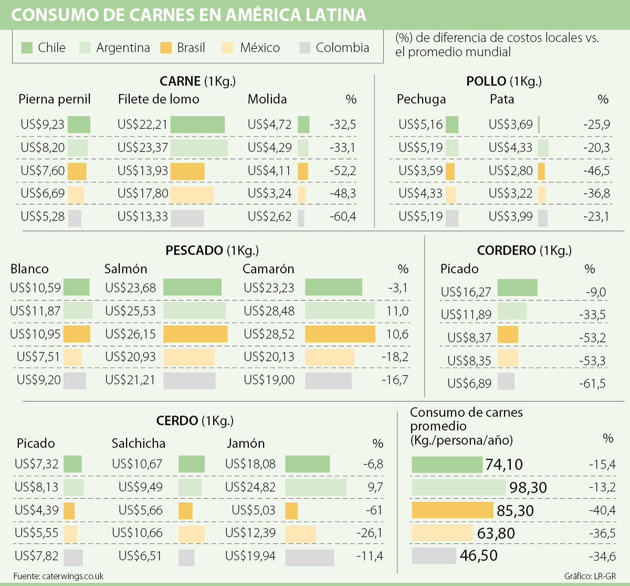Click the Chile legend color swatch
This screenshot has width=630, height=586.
[x=27, y=48]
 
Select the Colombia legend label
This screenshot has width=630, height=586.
[x=342, y=48]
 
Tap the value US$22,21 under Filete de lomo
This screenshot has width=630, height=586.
[x=143, y=124]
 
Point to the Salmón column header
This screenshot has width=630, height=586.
[x=125, y=269]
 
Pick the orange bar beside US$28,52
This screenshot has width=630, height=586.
[x=340, y=334]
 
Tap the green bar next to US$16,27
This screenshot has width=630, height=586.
[x=517, y=288]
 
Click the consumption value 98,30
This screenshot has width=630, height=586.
[x=528, y=488]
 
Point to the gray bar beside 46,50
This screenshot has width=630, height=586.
[x=434, y=556]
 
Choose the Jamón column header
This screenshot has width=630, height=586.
[x=246, y=443]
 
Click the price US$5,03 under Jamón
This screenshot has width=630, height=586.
[x=254, y=510]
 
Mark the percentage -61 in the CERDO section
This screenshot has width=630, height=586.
[x=374, y=510]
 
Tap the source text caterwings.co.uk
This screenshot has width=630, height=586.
[x=73, y=576]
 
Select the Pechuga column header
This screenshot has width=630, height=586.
[x=421, y=99]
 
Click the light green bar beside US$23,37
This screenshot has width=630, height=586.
[x=199, y=148]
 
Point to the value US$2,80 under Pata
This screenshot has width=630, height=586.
[x=510, y=171]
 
